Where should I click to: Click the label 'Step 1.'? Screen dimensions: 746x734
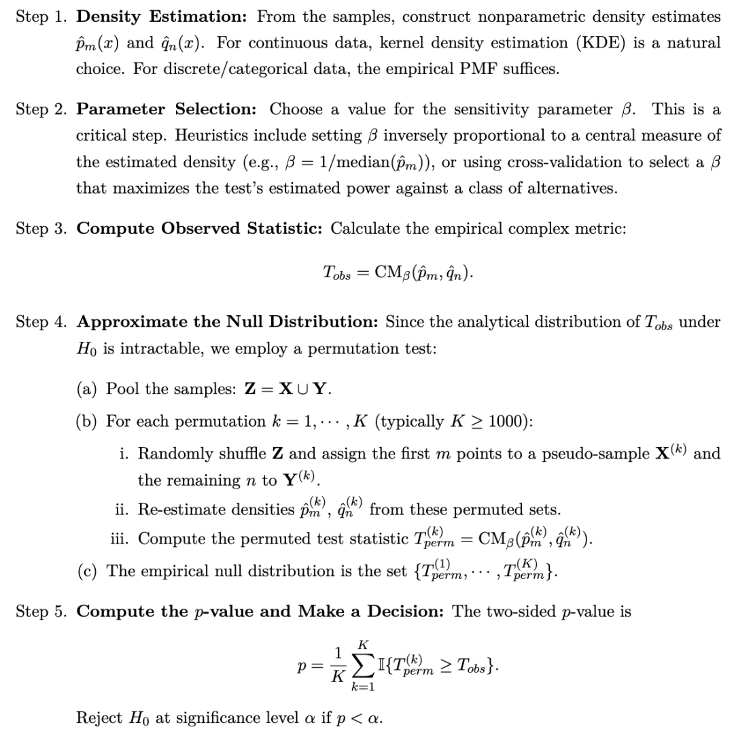tap(40, 16)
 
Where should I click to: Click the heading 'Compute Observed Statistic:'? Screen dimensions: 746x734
tap(200, 228)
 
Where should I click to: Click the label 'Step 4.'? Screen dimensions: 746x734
tap(40, 322)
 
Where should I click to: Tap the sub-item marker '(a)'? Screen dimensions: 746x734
tap(87, 389)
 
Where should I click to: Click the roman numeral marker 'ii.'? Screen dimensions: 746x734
tap(123, 509)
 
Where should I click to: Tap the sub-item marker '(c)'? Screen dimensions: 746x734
tap(87, 571)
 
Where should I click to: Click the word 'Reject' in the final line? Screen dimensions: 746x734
tap(98, 718)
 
